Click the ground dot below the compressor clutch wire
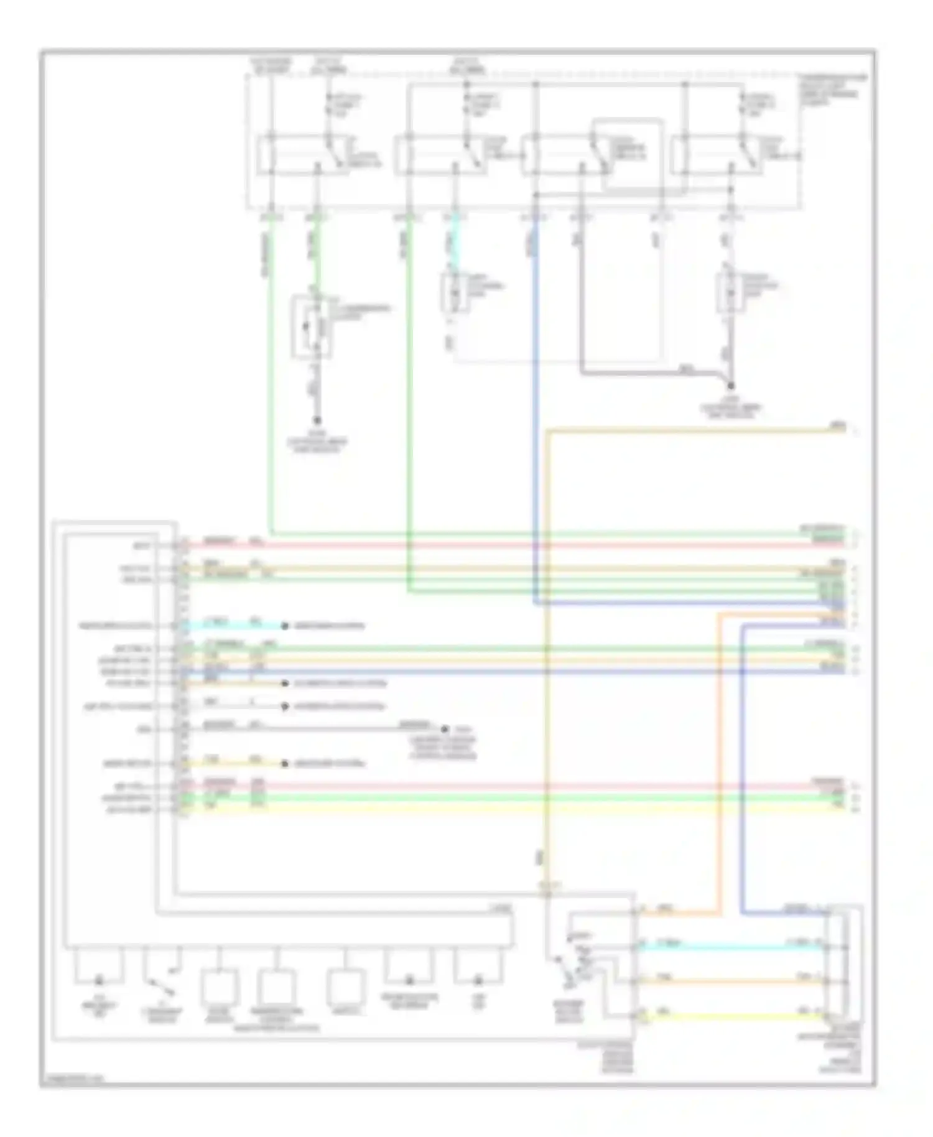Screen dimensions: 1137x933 pos(317,420)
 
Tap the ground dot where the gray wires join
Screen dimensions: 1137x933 pos(730,386)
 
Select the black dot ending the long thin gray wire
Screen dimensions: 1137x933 pos(445,729)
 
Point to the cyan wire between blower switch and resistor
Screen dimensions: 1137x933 pos(728,947)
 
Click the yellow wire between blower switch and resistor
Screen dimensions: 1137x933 pos(728,1016)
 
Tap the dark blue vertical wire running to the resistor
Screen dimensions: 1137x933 pos(743,777)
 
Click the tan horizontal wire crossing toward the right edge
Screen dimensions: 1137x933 pos(684,429)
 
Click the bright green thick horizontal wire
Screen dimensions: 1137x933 pos(498,798)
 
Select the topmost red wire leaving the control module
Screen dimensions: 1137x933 pos(498,545)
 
